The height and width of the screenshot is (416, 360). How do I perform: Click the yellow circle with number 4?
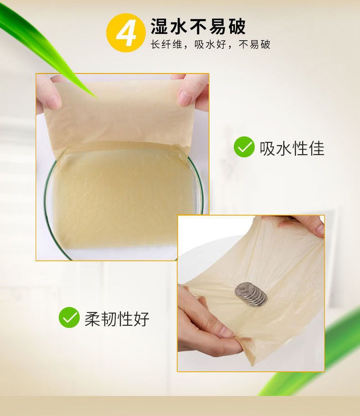(126, 33)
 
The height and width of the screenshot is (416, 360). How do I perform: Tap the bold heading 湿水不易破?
(198, 26)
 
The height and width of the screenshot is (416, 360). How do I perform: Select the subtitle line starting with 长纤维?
(211, 44)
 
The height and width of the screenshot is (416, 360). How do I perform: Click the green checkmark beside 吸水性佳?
(244, 147)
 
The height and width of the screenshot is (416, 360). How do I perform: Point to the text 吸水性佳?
(292, 148)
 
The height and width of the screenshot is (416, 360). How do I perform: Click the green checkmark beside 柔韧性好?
(69, 317)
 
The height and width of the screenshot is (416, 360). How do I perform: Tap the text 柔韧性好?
(117, 319)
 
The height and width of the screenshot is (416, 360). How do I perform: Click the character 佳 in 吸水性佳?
(317, 148)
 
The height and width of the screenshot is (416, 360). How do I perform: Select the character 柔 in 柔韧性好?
(93, 319)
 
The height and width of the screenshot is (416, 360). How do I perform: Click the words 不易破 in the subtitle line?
(254, 44)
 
